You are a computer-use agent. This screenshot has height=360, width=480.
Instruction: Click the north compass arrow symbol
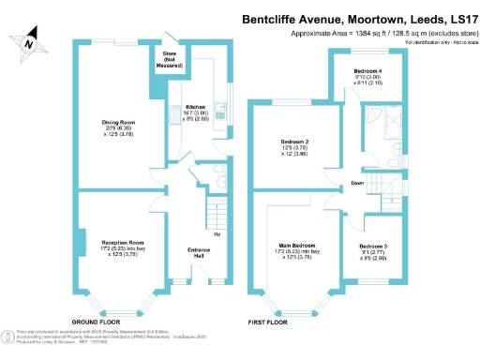pos(31,40)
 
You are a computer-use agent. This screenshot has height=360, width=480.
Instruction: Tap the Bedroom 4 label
pos(367,71)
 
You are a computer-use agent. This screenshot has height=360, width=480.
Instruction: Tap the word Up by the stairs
pos(217,233)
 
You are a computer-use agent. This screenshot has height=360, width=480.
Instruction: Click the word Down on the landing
pos(358,183)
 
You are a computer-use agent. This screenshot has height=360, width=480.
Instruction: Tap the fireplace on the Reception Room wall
pos(82,242)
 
